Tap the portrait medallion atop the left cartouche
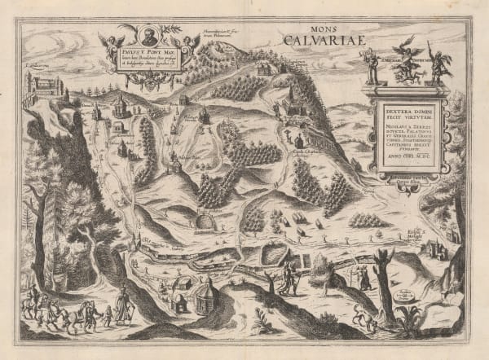point(148,37)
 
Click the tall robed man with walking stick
point(123,308)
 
